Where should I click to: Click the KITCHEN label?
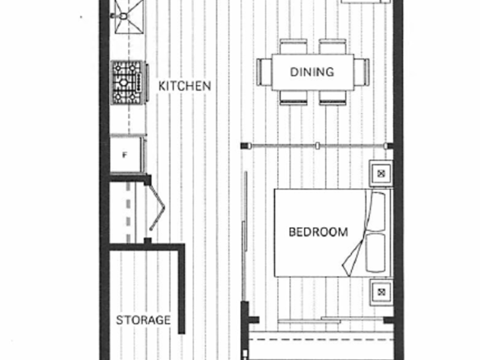[185, 86]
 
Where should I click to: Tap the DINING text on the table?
[311, 72]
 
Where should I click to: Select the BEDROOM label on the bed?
[318, 232]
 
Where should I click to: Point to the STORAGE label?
[144, 320]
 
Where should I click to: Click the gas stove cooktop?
[127, 83]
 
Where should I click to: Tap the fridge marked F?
[126, 155]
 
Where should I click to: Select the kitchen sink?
[129, 16]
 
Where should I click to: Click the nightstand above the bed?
[381, 174]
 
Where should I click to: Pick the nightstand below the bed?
[381, 292]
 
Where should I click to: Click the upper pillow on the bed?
[376, 212]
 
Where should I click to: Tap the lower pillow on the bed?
[375, 253]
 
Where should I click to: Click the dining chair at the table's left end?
[264, 72]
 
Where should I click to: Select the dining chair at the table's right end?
[362, 72]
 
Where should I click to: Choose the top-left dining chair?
[294, 46]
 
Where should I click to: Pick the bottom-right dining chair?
[332, 98]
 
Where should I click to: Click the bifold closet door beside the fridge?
[156, 208]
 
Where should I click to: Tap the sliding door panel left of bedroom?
[245, 236]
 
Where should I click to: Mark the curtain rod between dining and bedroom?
[317, 146]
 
